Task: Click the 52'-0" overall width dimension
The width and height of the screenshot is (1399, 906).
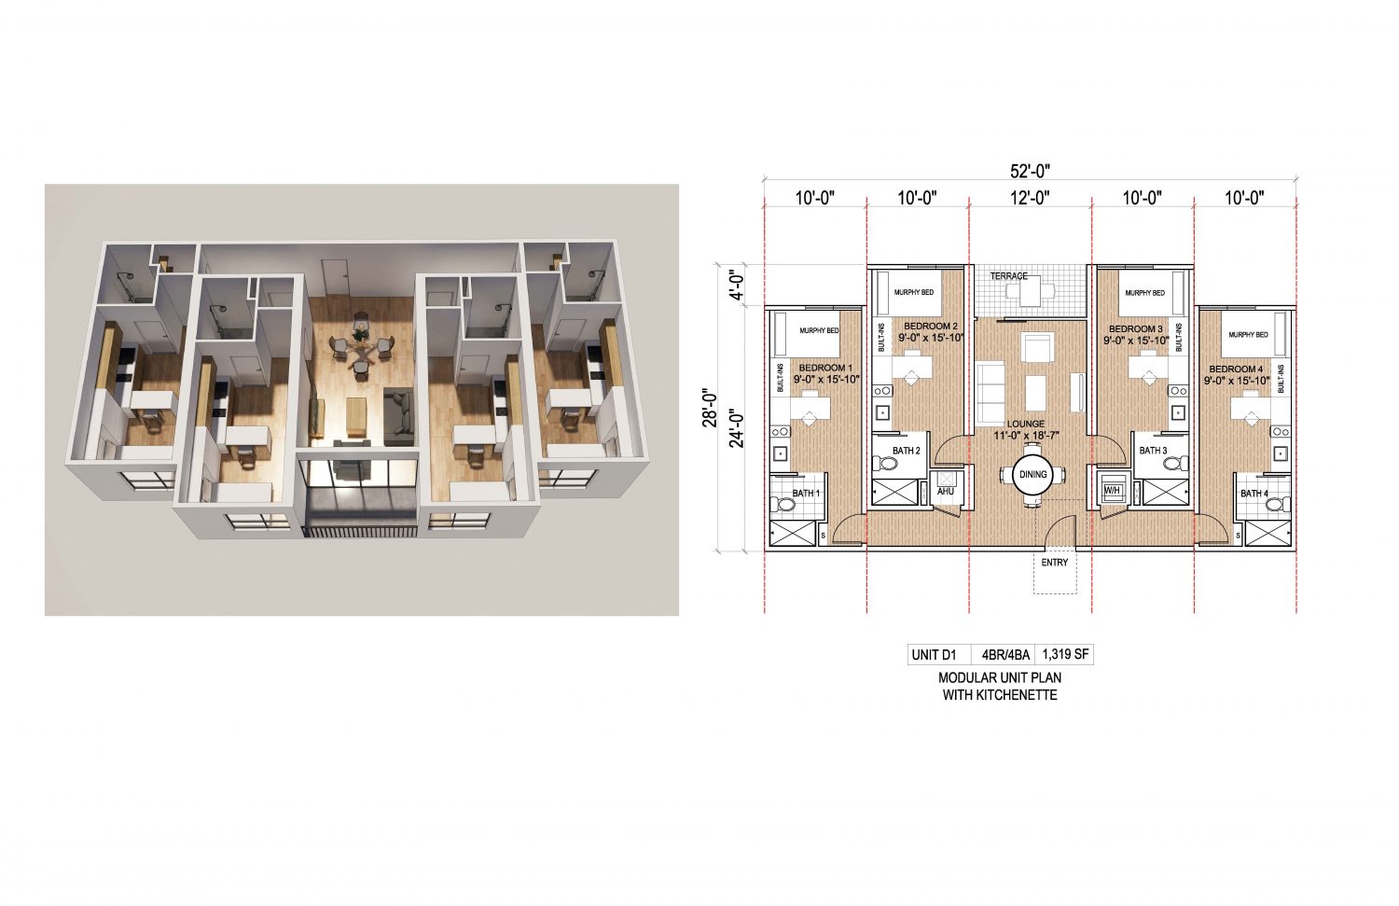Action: [1030, 170]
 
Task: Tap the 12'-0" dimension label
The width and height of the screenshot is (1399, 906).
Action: [1030, 198]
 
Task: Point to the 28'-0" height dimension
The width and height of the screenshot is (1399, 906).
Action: [710, 408]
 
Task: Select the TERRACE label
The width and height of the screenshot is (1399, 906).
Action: [1008, 276]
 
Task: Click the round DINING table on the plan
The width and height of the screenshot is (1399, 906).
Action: [1033, 474]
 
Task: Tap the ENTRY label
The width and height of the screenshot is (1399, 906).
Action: [1055, 563]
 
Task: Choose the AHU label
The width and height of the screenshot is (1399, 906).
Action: [946, 492]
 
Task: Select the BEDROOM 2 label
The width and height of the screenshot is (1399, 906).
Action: [931, 327]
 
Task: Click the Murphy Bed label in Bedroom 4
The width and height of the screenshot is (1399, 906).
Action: [1249, 335]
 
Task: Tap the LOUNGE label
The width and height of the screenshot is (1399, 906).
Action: [1026, 424]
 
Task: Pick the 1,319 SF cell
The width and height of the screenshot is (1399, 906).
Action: [1064, 655]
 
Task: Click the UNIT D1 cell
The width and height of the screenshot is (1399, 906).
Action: [935, 655]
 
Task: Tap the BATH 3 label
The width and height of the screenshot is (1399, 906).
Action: [1153, 451]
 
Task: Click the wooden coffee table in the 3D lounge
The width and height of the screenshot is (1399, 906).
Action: [356, 415]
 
